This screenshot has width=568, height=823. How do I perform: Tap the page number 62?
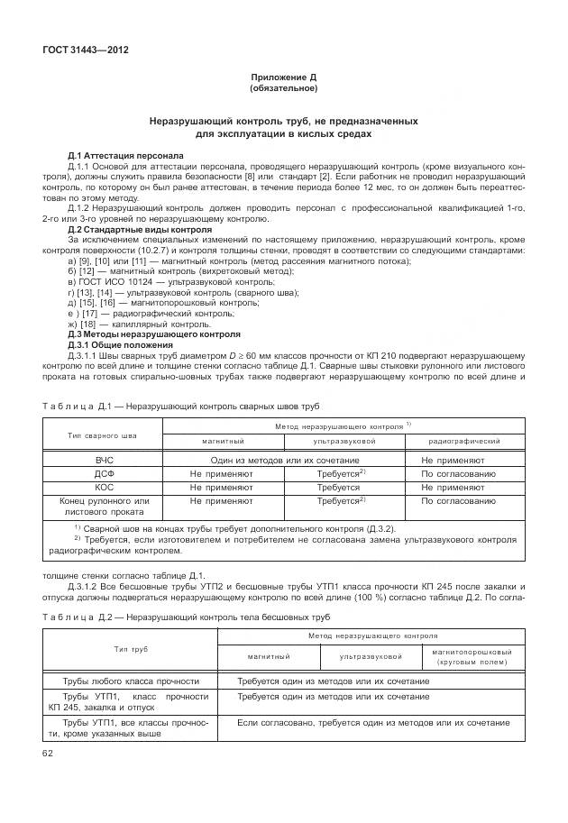pyautogui.click(x=47, y=753)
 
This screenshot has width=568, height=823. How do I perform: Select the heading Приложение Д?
pyautogui.click(x=283, y=78)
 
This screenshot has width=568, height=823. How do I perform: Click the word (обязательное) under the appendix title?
pyautogui.click(x=283, y=88)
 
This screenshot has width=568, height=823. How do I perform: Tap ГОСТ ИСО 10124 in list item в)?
pyautogui.click(x=113, y=282)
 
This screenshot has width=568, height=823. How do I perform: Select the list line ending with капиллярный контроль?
pyautogui.click(x=139, y=324)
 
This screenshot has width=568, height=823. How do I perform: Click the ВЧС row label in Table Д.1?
pyautogui.click(x=104, y=460)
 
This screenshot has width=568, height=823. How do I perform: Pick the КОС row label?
pyautogui.click(x=104, y=485)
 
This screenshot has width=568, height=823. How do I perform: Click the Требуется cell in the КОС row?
pyautogui.click(x=338, y=485)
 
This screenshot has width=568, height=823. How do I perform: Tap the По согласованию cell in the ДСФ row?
pyautogui.click(x=458, y=472)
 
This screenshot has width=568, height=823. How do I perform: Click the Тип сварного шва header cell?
pyautogui.click(x=103, y=434)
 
